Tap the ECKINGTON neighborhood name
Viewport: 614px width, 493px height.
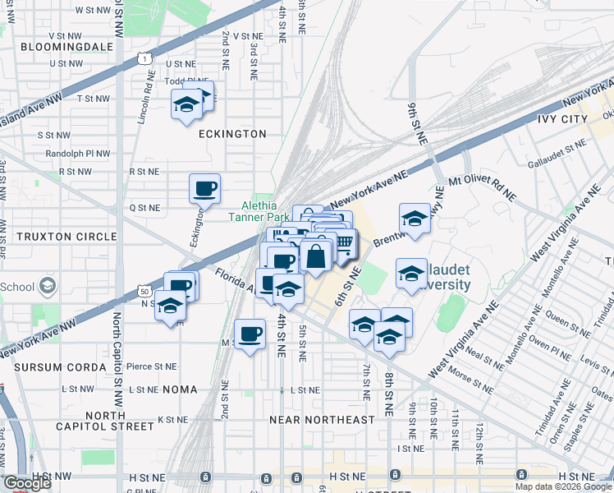(232, 134)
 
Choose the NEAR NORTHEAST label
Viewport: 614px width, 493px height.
(322, 420)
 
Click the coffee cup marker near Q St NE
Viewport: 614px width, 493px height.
(204, 189)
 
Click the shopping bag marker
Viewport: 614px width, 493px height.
(316, 256)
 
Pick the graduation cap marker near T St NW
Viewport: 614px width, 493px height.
(186, 104)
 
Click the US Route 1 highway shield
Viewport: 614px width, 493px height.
(145, 59)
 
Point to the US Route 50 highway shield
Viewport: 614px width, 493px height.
(144, 291)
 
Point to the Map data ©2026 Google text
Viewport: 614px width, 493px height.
(562, 486)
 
